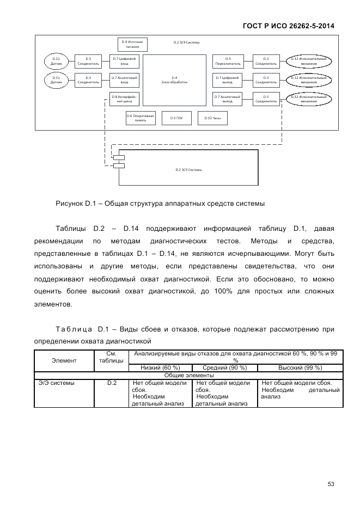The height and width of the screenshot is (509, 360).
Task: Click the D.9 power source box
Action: [133, 44]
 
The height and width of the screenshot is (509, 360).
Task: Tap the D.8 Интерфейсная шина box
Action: [124, 99]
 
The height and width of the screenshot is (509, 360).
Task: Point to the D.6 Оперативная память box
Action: [141, 118]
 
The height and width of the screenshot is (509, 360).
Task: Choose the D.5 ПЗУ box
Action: [176, 118]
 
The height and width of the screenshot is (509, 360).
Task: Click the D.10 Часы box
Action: [212, 118]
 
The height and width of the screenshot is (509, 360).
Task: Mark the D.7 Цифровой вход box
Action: [124, 61]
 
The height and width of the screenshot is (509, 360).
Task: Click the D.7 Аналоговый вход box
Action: [124, 80]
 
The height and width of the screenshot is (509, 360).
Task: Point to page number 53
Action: [331, 483]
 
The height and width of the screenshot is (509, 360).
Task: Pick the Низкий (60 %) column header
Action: [160, 368]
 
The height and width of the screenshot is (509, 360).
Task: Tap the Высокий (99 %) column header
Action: [300, 368]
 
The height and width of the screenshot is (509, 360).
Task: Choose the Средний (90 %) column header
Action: [224, 368]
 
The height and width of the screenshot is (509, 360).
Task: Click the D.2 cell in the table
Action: [112, 383]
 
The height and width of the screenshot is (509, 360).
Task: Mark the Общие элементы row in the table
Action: [188, 375]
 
